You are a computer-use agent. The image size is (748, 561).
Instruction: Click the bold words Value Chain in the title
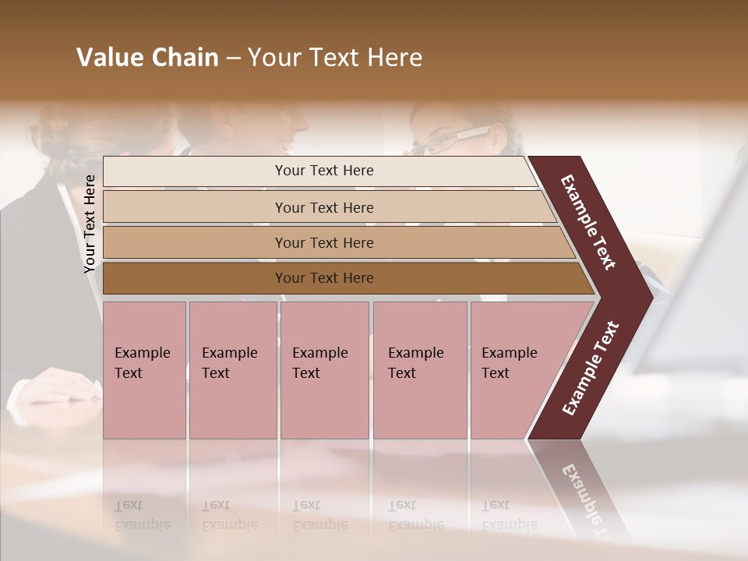tap(147, 58)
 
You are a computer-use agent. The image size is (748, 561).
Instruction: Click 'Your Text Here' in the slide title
tap(335, 58)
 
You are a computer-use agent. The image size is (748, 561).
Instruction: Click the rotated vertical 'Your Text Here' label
tap(90, 224)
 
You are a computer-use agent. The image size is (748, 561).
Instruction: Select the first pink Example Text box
tap(144, 369)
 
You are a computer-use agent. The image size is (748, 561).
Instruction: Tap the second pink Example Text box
tap(232, 369)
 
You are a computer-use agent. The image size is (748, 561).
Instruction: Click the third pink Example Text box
tap(323, 369)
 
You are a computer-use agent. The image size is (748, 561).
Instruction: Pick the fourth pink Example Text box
tap(419, 369)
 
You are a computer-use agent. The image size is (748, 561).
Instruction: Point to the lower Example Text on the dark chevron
tap(591, 369)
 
